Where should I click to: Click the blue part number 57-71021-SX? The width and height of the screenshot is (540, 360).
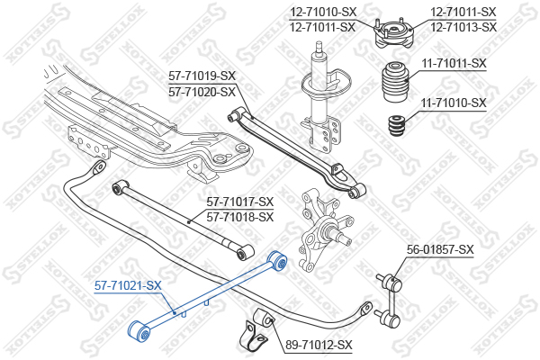(x=128, y=285)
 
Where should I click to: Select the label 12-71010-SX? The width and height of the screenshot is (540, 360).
(x=323, y=13)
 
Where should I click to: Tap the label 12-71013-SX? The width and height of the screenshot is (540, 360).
(x=463, y=27)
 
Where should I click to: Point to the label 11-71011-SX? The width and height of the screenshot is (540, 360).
(x=454, y=63)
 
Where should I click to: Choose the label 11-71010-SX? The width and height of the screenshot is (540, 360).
(x=454, y=103)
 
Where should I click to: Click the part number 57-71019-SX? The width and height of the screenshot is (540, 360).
(x=202, y=76)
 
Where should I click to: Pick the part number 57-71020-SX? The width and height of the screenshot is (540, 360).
(x=202, y=92)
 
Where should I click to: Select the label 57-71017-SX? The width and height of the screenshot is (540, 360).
(x=240, y=202)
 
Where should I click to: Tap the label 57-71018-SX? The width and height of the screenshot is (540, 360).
(x=240, y=217)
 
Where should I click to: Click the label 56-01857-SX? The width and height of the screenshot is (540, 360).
(x=440, y=249)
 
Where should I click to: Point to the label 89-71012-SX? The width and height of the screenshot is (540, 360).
(x=319, y=345)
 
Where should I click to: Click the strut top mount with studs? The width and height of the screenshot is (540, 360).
(x=393, y=33)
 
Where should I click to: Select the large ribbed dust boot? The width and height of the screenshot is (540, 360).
(x=395, y=81)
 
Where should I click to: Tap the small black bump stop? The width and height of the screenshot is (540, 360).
(x=397, y=126)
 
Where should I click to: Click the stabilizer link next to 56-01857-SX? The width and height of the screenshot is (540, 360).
(x=389, y=300)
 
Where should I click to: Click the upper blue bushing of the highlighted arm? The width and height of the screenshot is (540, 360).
(x=277, y=261)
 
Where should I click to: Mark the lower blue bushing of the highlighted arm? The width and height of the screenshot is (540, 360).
(x=139, y=331)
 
